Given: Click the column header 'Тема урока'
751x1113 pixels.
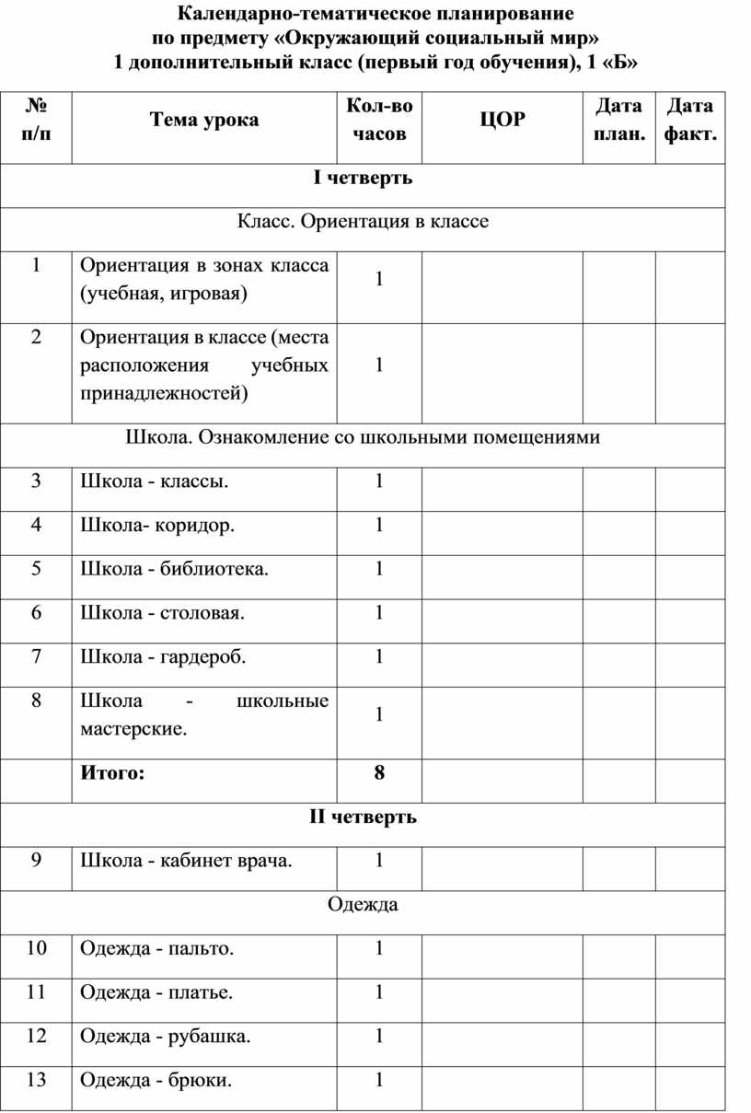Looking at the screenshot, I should tap(204, 120).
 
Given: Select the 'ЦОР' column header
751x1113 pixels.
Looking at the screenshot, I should tap(502, 120).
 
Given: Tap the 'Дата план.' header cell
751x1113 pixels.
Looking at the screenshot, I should tap(618, 120).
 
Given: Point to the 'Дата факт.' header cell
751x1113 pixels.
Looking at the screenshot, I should tap(690, 120).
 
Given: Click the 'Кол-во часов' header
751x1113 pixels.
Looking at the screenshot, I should tap(379, 120).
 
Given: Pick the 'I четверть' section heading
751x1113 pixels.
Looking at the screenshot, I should tap(363, 178).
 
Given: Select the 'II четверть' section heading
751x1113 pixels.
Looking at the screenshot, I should tap(363, 817).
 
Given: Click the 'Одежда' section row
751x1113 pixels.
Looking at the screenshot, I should tap(363, 904).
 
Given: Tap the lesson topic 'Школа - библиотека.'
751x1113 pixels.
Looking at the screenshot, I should tap(175, 569).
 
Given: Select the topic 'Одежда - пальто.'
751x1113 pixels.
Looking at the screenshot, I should tap(156, 948).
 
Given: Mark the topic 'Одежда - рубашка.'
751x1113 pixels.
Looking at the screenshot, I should tap(166, 1037).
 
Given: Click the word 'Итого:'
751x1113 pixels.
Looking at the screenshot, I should tap(112, 773).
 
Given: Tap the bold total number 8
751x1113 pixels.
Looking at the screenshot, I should tap(379, 773).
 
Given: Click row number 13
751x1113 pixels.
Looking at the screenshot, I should tap(36, 1080).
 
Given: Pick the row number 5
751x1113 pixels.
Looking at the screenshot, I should tap(36, 569).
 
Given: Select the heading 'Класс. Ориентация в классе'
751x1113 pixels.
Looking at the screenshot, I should tap(363, 222).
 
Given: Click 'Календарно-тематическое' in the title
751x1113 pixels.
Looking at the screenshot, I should tap(276, 15).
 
